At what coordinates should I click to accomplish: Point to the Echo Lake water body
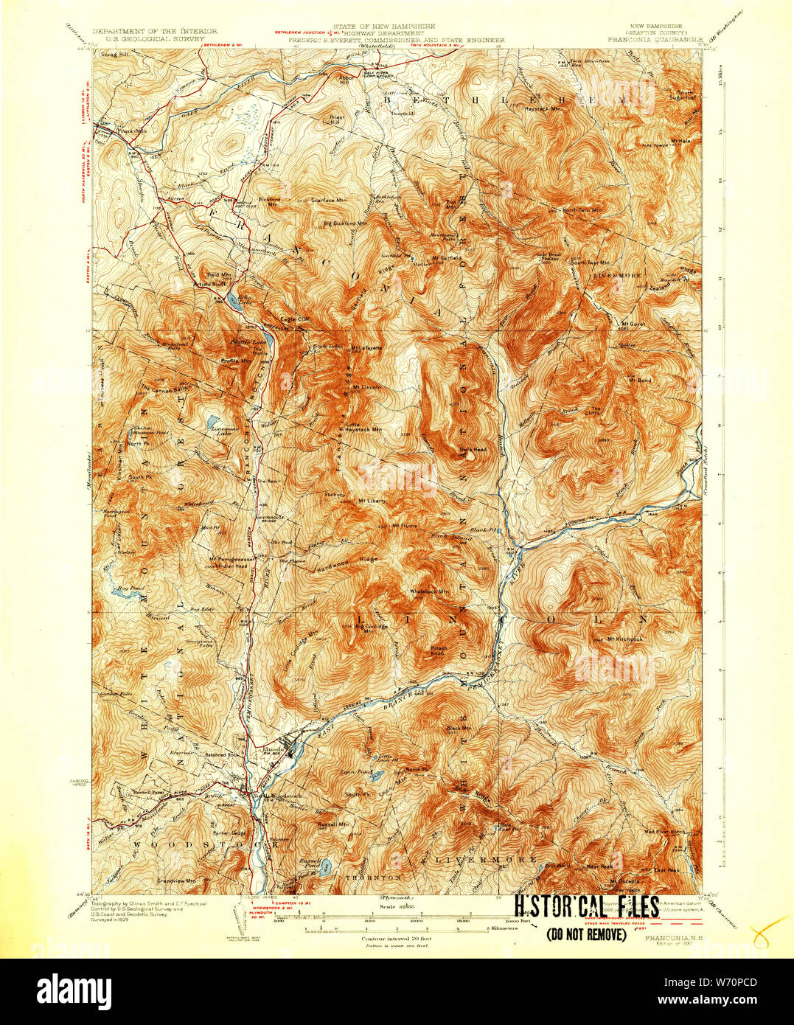pos(233,299)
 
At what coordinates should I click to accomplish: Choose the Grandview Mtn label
pos(176,880)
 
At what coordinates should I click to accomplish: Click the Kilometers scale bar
pos(413,928)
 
